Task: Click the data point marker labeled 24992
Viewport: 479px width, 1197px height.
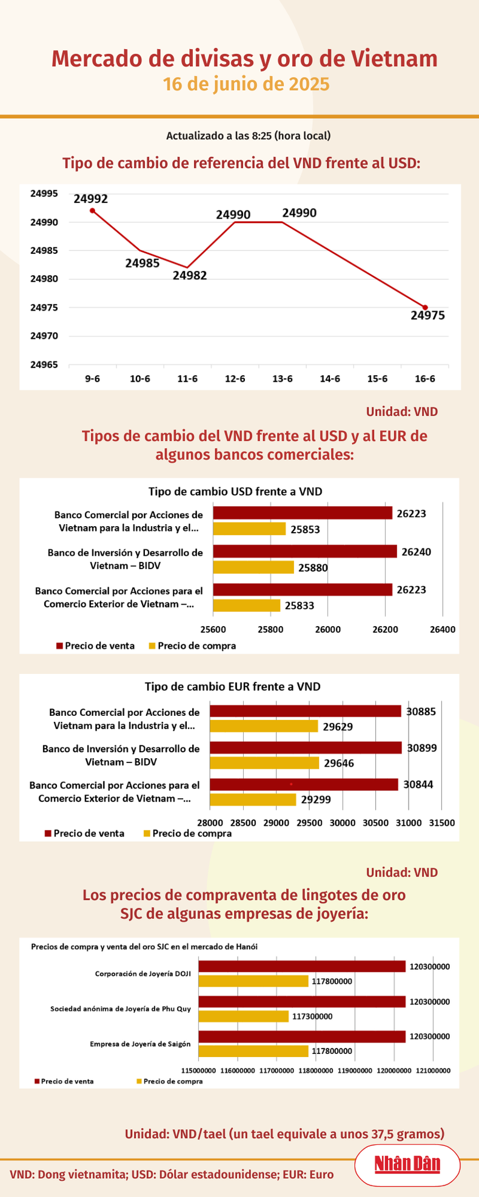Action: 92,210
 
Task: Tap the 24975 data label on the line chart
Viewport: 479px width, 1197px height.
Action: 427,315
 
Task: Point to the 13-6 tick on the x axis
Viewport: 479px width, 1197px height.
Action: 283,379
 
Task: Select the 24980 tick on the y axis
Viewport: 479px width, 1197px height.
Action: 44,279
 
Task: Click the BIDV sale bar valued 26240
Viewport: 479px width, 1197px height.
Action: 304,552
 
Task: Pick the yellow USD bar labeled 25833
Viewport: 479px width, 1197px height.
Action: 246,605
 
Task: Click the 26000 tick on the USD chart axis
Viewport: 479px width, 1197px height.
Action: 327,629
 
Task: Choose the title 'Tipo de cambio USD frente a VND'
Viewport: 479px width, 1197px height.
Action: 235,491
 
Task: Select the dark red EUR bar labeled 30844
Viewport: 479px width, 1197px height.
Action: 304,784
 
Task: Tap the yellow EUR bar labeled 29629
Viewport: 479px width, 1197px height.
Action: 264,726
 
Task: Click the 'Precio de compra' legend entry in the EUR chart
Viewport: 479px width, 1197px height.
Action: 187,833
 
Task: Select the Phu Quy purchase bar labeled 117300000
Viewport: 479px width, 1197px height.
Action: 244,1016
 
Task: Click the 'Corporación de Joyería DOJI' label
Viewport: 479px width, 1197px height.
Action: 142,974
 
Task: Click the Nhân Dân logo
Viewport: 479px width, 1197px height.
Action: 407,1164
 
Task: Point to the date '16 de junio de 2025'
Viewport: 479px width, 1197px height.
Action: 246,84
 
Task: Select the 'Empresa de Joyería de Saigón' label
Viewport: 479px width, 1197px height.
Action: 140,1044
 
